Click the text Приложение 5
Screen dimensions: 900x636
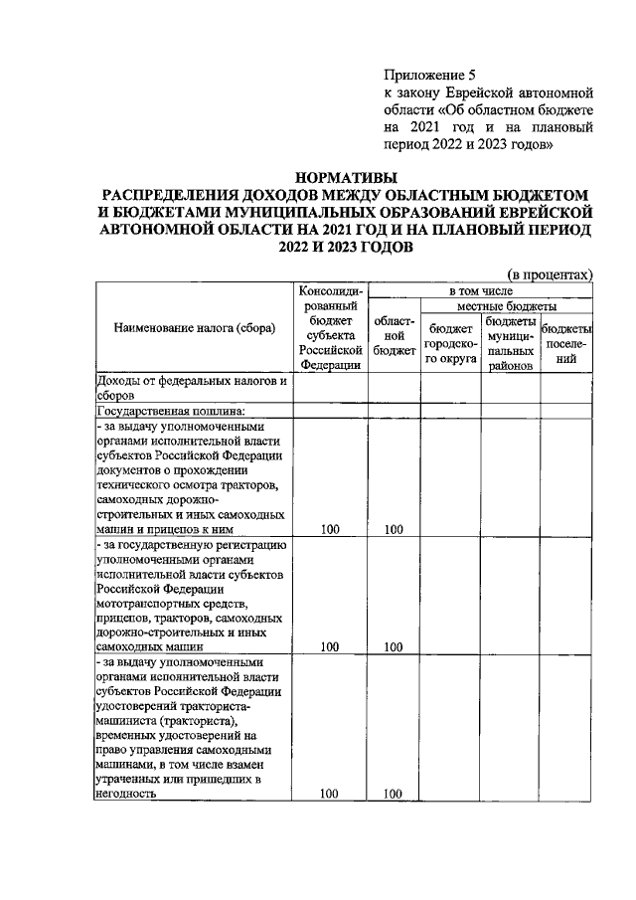423,75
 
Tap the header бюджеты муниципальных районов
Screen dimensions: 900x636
512,344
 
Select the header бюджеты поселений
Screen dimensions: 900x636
566,344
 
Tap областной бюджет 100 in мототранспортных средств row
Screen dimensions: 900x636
394,646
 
